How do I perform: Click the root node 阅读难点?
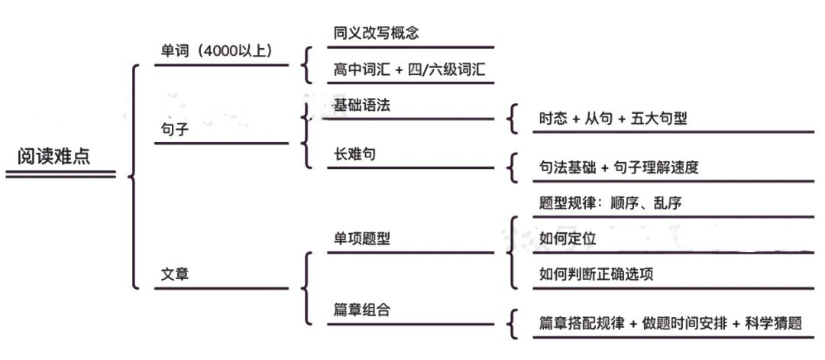53,157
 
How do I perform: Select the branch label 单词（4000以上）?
215,50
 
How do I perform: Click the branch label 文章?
174,274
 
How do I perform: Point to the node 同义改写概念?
376,33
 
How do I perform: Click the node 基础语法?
362,105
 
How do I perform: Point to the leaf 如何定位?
568,238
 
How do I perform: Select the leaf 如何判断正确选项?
596,274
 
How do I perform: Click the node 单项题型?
361,238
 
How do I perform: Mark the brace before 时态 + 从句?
513,119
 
